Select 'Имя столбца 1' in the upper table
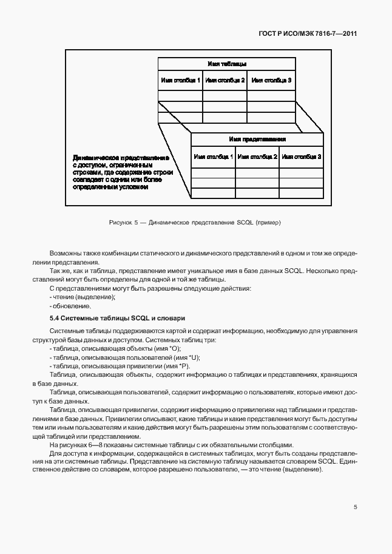pos(180,80)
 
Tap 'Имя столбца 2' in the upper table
pos(225,80)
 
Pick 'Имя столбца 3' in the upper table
pos(271,80)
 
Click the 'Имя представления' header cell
pos(257,139)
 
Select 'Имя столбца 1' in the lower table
pos(213,157)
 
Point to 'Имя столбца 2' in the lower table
pos(257,157)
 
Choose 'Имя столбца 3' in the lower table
pos(301,157)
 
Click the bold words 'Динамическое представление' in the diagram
pos(120,157)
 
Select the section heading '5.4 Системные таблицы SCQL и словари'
pos(117,318)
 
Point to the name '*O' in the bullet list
pos(159,349)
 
